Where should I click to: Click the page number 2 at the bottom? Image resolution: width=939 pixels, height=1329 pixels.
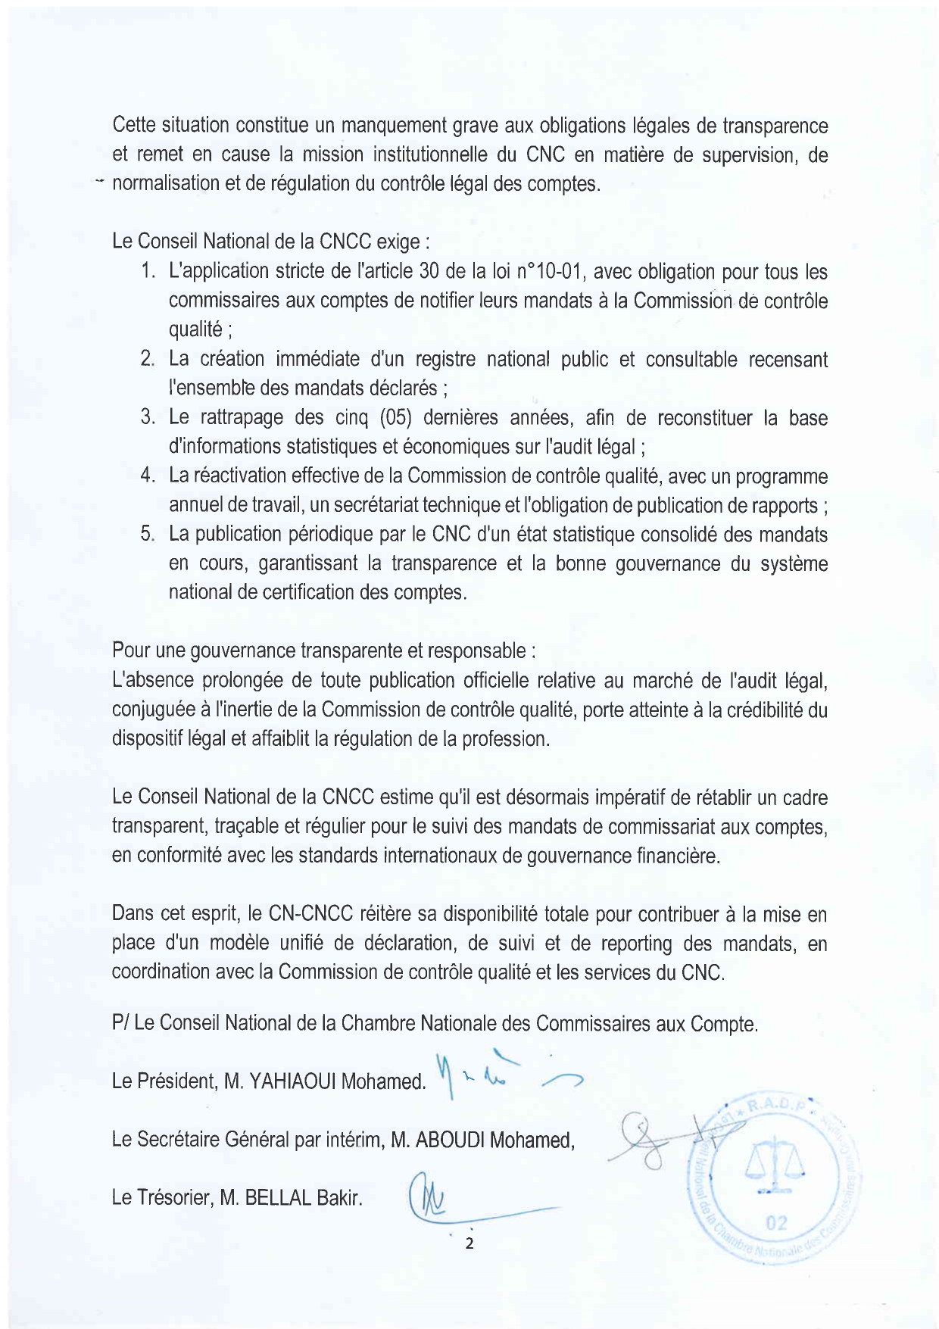pyautogui.click(x=469, y=1243)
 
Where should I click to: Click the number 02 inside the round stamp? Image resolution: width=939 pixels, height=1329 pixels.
pyautogui.click(x=776, y=1222)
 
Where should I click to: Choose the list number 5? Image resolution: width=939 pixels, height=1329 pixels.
pyautogui.click(x=148, y=535)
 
